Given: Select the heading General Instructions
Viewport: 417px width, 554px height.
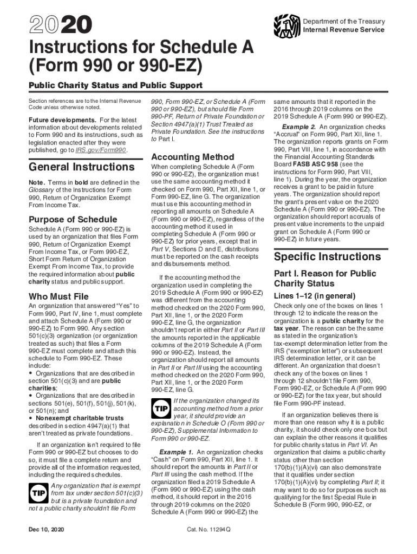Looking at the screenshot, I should pos(76,167).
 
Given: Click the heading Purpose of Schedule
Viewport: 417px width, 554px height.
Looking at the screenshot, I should pos(73,219).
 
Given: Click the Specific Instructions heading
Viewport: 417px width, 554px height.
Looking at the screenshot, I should pos(327,256).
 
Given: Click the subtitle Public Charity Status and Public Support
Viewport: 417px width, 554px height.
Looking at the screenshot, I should pos(115,85).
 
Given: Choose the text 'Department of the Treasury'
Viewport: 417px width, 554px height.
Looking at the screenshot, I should pos(344,21).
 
